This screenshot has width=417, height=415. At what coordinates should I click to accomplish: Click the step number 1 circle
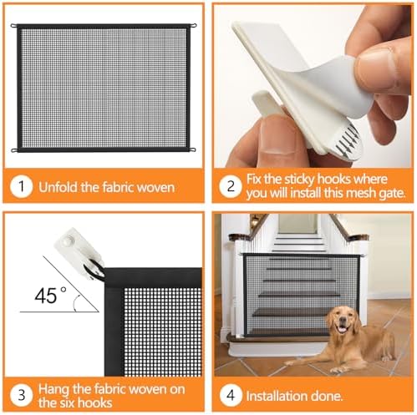click(21, 187)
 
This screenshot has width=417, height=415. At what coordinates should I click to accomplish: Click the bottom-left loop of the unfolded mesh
click(15, 150)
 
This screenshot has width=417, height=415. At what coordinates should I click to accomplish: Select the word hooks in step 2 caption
click(328, 179)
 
